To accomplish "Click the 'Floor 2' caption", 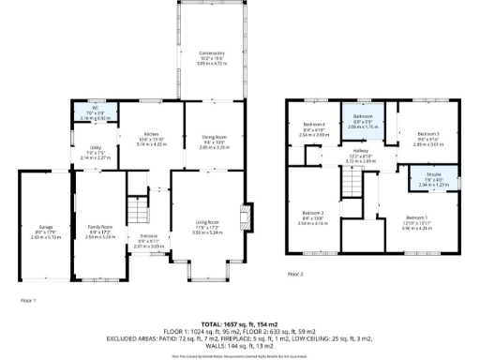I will [295, 274].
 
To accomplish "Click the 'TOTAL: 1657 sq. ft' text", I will [240, 322].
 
